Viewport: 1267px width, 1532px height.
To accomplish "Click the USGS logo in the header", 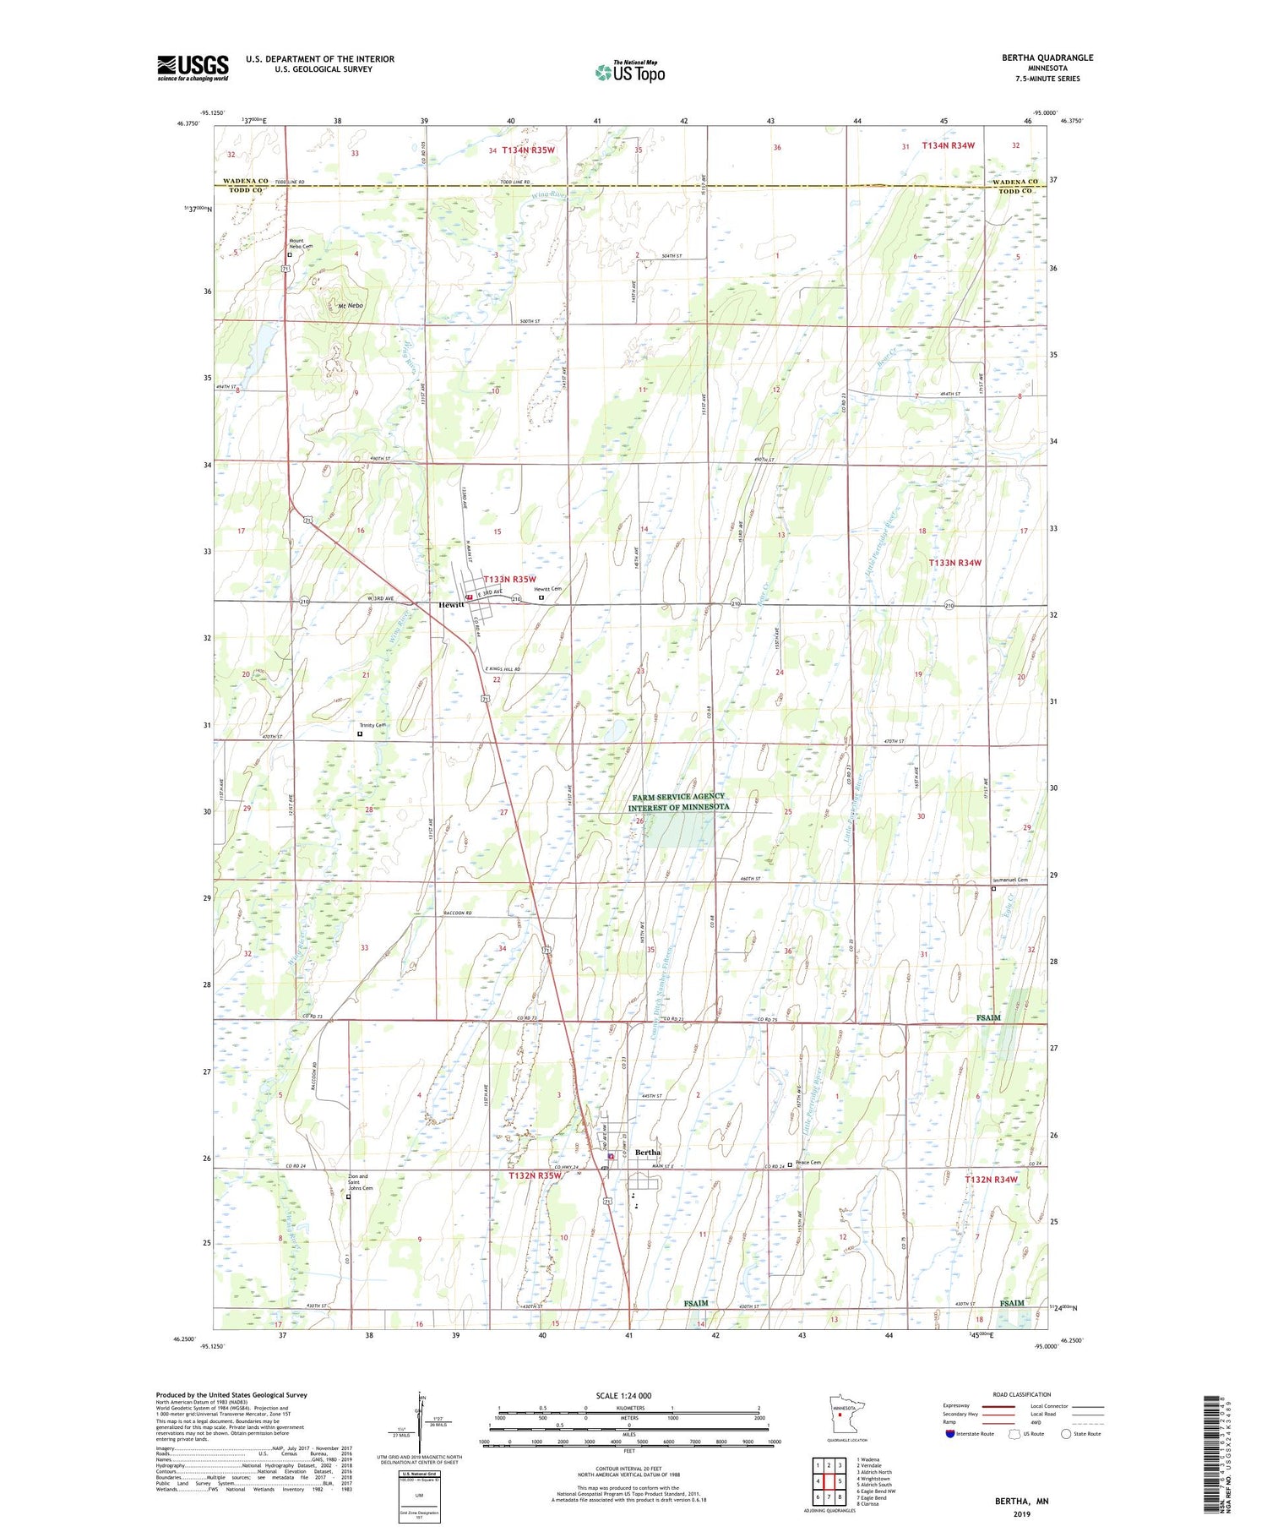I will pyautogui.click(x=193, y=68).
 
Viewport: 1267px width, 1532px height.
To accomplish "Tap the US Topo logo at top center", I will pyautogui.click(x=630, y=72).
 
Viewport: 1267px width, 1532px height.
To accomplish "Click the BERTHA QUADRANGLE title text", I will pyautogui.click(x=1047, y=57).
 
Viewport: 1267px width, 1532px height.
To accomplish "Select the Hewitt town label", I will pyautogui.click(x=451, y=605).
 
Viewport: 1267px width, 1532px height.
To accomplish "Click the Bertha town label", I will pyautogui.click(x=648, y=1153).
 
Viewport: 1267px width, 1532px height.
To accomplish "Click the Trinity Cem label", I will pyautogui.click(x=372, y=725).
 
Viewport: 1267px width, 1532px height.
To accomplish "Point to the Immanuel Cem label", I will pyautogui.click(x=1010, y=880).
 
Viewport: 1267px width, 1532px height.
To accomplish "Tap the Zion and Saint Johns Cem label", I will pyautogui.click(x=360, y=1181).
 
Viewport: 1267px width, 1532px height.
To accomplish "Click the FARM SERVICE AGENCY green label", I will pyautogui.click(x=678, y=796).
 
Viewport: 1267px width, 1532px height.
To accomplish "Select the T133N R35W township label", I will pyautogui.click(x=509, y=579).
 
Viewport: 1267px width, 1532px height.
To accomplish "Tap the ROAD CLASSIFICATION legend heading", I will pyautogui.click(x=1021, y=1394).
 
